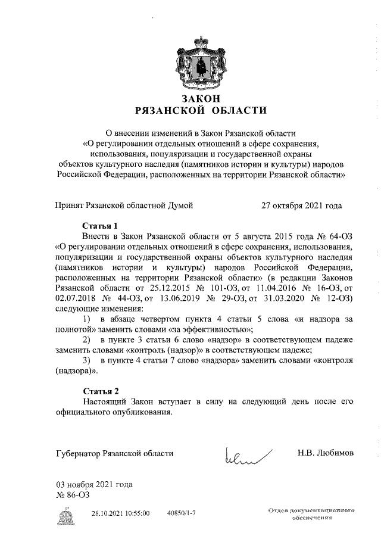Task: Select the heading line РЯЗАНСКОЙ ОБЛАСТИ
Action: (200, 110)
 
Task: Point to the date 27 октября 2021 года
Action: (302, 205)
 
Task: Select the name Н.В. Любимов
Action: (325, 453)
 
